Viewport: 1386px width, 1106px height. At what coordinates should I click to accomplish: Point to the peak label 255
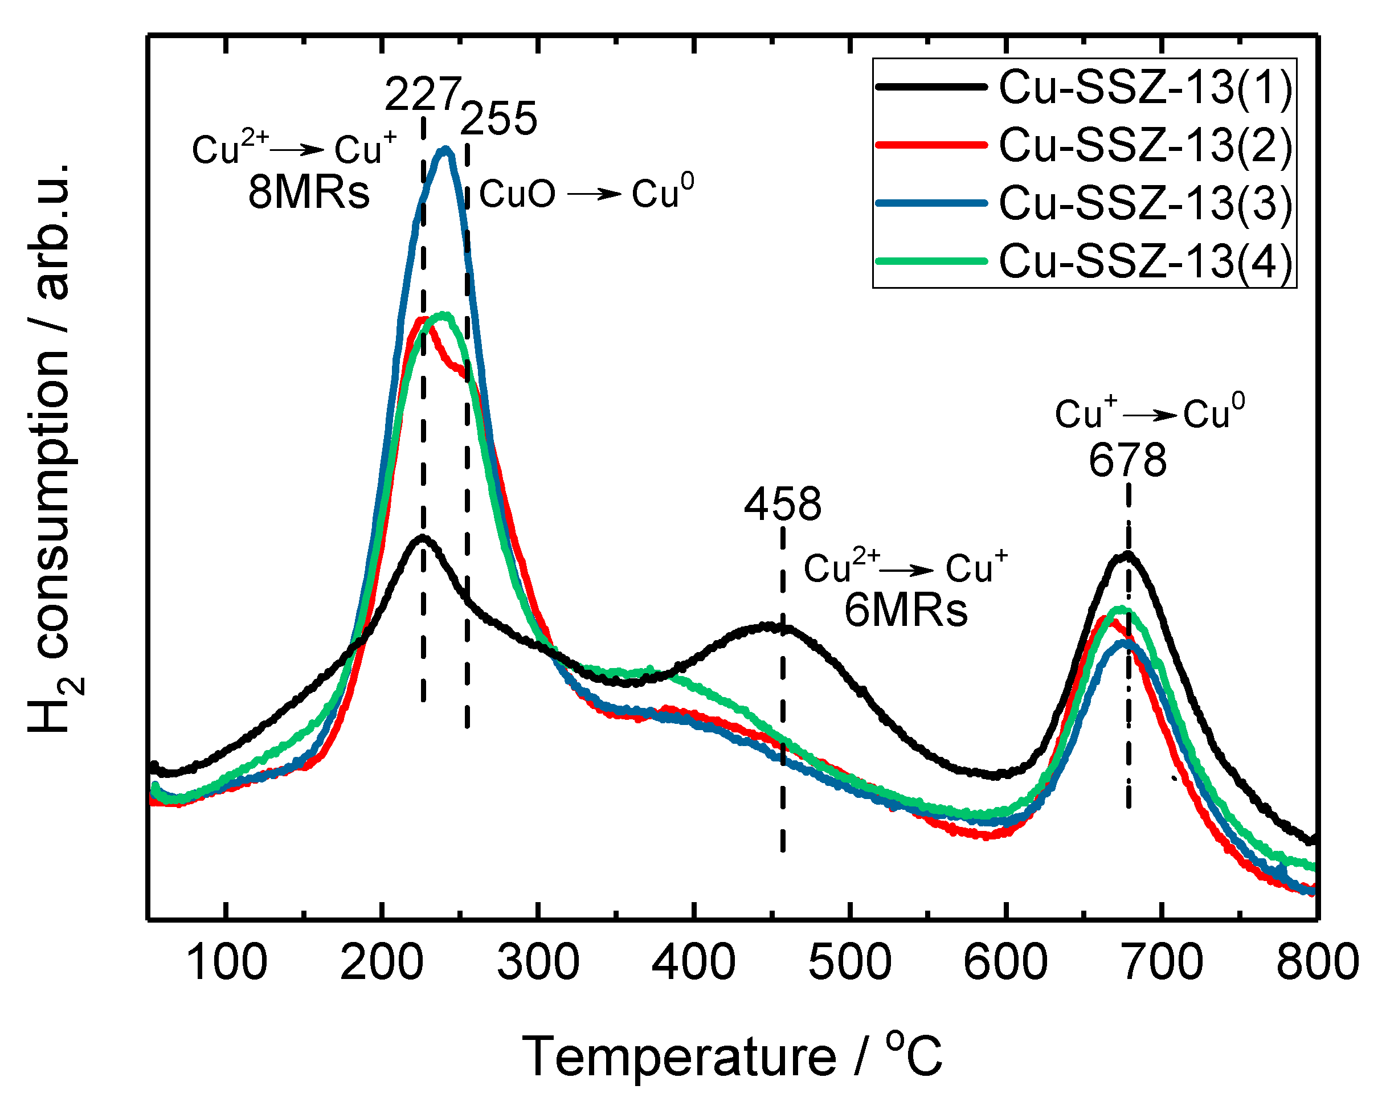tap(499, 118)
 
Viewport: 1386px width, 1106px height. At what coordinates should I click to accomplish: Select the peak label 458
tap(782, 504)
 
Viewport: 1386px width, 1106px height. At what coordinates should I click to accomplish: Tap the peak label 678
tap(1127, 460)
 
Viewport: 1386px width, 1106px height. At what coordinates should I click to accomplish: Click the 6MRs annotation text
tap(906, 610)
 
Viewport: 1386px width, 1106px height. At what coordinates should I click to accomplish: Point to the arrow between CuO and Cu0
tap(594, 194)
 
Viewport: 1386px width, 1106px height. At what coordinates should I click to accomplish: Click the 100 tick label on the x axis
tap(226, 962)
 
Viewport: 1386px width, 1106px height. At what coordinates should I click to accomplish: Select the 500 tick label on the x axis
tap(850, 962)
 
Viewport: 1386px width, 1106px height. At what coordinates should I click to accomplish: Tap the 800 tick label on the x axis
tap(1317, 962)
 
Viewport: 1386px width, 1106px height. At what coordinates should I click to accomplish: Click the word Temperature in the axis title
tap(679, 1056)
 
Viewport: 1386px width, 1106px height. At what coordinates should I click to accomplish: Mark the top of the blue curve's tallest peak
tap(445, 150)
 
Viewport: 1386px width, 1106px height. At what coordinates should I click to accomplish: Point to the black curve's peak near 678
tap(1127, 555)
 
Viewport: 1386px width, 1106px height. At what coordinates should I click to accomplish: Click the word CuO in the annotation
tap(517, 194)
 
